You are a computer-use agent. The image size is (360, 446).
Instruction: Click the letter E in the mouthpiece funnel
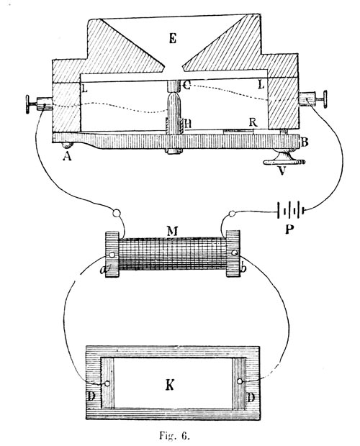tap(173, 38)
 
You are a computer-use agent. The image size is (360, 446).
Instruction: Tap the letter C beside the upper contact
tap(186, 85)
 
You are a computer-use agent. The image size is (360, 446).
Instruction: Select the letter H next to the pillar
tap(188, 124)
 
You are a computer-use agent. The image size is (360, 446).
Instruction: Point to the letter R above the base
tap(253, 122)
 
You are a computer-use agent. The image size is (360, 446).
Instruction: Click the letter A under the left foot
tap(67, 156)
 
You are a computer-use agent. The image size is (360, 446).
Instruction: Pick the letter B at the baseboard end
tap(305, 142)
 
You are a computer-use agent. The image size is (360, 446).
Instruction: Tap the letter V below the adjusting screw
tap(282, 170)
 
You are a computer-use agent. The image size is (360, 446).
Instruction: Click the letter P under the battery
tap(289, 229)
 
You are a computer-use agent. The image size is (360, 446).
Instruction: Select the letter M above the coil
tap(172, 232)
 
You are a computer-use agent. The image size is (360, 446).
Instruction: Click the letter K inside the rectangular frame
tap(170, 386)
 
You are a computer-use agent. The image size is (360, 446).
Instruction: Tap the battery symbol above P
tap(291, 211)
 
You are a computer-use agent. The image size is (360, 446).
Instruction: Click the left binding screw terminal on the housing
tap(39, 104)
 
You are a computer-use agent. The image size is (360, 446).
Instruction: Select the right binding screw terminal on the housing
tap(312, 99)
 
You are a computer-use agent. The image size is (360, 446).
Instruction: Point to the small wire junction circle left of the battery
tap(233, 214)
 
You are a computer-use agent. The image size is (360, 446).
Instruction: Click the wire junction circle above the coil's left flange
tap(117, 213)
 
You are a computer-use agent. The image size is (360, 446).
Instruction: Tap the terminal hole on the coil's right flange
tap(235, 252)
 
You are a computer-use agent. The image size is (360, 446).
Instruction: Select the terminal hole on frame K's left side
tap(107, 383)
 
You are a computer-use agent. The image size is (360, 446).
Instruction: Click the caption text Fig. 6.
tap(174, 435)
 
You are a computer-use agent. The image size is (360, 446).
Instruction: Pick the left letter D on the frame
tap(91, 396)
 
